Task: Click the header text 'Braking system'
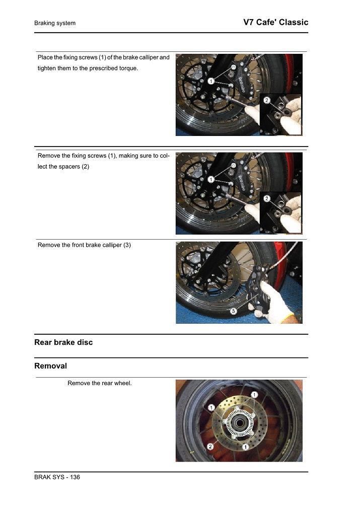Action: click(x=55, y=23)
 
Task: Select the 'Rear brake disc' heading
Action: click(x=63, y=342)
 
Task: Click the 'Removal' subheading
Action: click(x=50, y=366)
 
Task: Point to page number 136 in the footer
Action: click(x=74, y=477)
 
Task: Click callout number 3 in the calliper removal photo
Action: click(x=234, y=312)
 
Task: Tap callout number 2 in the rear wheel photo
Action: click(x=209, y=447)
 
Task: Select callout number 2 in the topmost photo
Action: click(x=267, y=100)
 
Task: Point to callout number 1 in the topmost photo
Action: click(x=210, y=81)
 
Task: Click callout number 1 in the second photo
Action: click(x=210, y=179)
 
